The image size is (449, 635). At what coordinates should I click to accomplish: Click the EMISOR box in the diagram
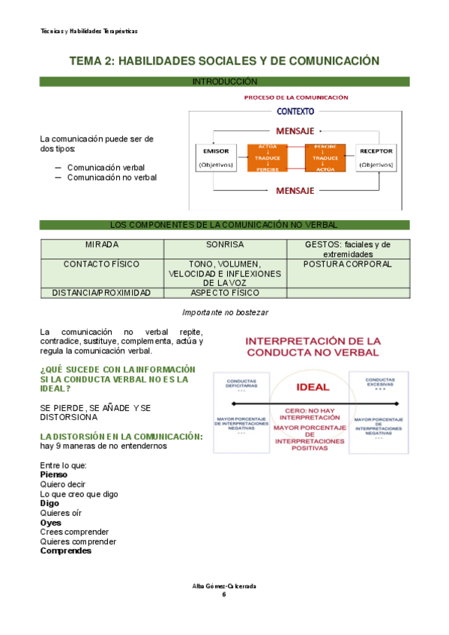(x=216, y=157)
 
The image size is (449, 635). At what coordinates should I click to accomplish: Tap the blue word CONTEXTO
(x=295, y=112)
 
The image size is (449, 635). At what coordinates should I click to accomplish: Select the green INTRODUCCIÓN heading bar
(x=225, y=81)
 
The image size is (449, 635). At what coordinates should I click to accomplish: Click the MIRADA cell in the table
(x=102, y=245)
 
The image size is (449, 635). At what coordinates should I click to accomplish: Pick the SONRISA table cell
(x=225, y=245)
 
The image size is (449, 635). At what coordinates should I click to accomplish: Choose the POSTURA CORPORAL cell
(x=348, y=264)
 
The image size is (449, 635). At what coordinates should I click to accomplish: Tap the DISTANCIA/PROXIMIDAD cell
(x=102, y=293)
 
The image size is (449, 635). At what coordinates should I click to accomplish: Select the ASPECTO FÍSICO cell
(x=225, y=293)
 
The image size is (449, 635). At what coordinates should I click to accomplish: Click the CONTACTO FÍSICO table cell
(x=102, y=264)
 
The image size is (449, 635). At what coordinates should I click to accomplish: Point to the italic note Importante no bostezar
(x=225, y=312)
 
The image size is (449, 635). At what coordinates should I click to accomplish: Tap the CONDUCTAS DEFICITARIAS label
(x=241, y=383)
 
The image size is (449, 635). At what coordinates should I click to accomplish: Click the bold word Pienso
(x=53, y=474)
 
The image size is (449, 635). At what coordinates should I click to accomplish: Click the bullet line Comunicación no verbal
(x=112, y=178)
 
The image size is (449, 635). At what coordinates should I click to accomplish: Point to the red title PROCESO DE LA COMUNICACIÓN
(x=296, y=97)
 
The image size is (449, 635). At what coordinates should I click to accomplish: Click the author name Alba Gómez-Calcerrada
(x=224, y=585)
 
